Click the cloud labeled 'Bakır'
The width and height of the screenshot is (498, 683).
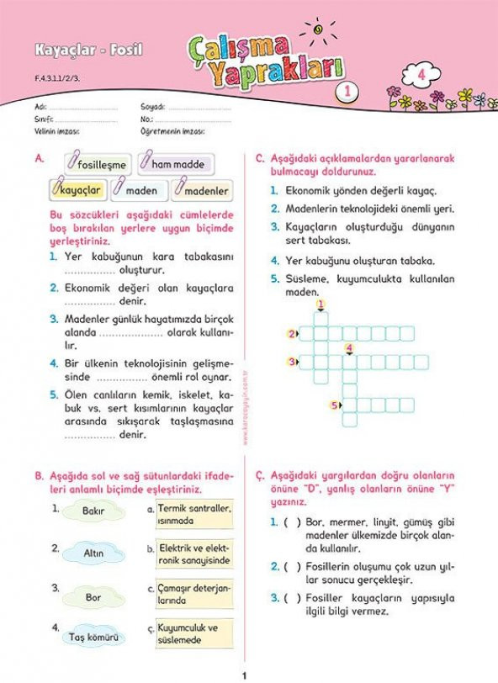click(93, 511)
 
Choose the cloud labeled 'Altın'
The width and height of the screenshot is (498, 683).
click(93, 553)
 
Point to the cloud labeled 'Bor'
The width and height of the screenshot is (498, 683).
click(93, 597)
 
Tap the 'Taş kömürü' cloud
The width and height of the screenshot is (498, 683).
click(94, 638)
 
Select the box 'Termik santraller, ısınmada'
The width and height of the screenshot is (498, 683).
click(194, 514)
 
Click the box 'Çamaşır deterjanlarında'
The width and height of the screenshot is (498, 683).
click(194, 595)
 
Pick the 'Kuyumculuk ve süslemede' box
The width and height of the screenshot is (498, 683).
click(194, 634)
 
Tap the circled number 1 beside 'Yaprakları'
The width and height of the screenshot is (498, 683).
click(342, 90)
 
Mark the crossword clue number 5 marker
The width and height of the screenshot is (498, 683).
click(335, 405)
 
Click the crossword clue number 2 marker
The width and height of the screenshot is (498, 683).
click(291, 334)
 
